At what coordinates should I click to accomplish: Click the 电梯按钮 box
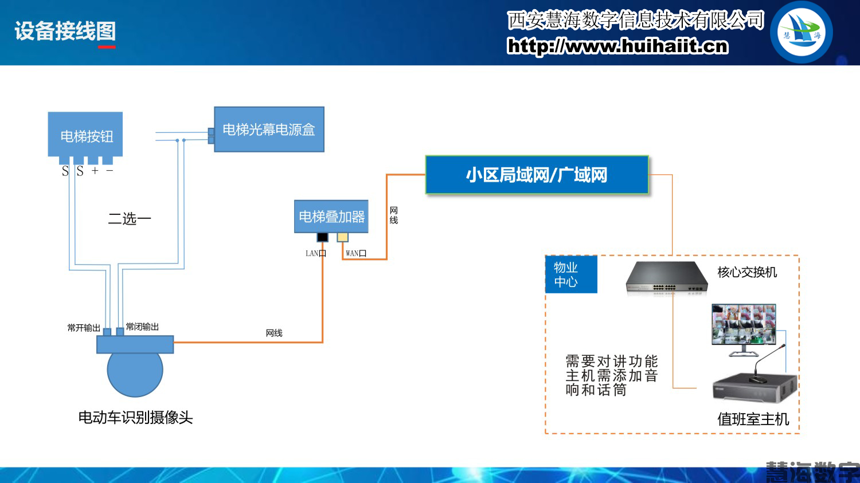85,135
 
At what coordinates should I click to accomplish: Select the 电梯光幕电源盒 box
269,129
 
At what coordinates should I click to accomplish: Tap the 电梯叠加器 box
331,217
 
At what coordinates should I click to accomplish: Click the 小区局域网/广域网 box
537,175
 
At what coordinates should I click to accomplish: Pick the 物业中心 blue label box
570,274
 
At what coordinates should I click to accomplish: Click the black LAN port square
323,237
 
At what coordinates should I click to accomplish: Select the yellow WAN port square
342,237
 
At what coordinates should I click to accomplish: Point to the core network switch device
666,278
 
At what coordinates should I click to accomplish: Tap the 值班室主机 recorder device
755,389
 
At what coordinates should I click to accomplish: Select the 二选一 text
130,219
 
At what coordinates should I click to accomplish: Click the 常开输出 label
84,328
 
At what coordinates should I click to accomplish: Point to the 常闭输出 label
142,327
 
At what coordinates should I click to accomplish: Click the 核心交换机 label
747,272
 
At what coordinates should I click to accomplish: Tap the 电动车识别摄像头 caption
135,418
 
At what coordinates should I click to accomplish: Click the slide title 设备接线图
65,31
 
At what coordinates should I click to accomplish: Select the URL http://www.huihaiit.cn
617,46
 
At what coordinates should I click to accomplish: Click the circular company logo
801,32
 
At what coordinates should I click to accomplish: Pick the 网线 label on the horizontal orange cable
274,333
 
